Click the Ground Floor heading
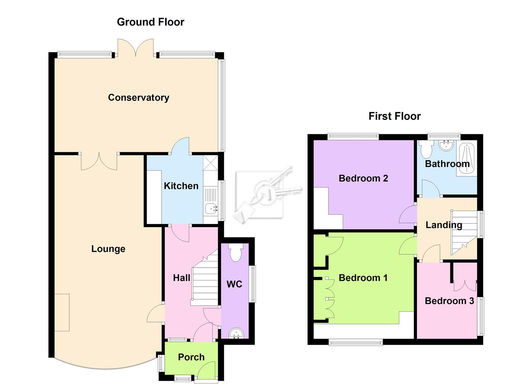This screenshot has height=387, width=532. coord(150,22)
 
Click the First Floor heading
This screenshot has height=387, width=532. coord(394,116)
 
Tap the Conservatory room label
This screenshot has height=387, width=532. coord(138,97)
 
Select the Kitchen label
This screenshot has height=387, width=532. coord(181,186)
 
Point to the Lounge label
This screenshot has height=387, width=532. coord(108,249)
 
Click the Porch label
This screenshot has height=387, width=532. coord(191,357)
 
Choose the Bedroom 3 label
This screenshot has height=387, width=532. coord(449,301)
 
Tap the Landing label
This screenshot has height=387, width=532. coord(444,225)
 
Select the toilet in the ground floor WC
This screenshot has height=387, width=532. coord(235,253)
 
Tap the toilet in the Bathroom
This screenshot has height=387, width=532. coord(426,149)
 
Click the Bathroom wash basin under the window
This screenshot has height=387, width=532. coord(446,145)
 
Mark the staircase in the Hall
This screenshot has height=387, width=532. coord(205,279)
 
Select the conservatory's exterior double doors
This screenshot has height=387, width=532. coord(136,48)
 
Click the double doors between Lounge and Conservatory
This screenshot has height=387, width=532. coord(99,161)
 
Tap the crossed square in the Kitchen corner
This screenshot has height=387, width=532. coord(210,163)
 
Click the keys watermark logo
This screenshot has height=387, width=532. coord(267,193)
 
